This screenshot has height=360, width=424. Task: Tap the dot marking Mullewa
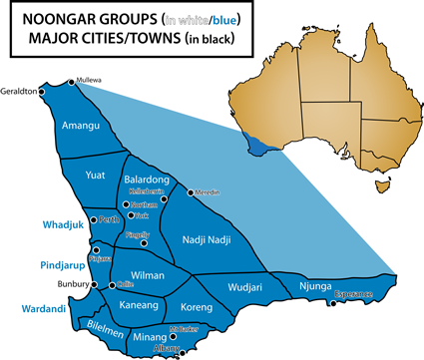(x=70, y=82)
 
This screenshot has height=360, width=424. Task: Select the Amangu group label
(x=81, y=127)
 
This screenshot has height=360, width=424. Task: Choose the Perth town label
(x=110, y=218)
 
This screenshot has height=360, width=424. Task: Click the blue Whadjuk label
(x=59, y=223)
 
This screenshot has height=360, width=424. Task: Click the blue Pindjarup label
(x=59, y=266)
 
